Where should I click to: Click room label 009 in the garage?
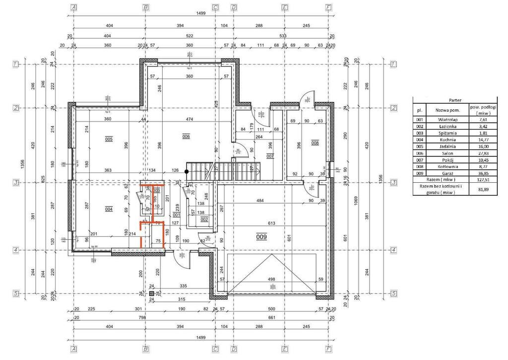point(261,237)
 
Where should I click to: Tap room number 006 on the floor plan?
point(186,137)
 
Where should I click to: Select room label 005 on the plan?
point(109,140)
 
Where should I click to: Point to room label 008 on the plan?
point(315,143)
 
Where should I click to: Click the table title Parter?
point(454,100)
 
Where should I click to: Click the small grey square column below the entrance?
point(151,293)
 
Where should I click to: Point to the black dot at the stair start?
point(187,172)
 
